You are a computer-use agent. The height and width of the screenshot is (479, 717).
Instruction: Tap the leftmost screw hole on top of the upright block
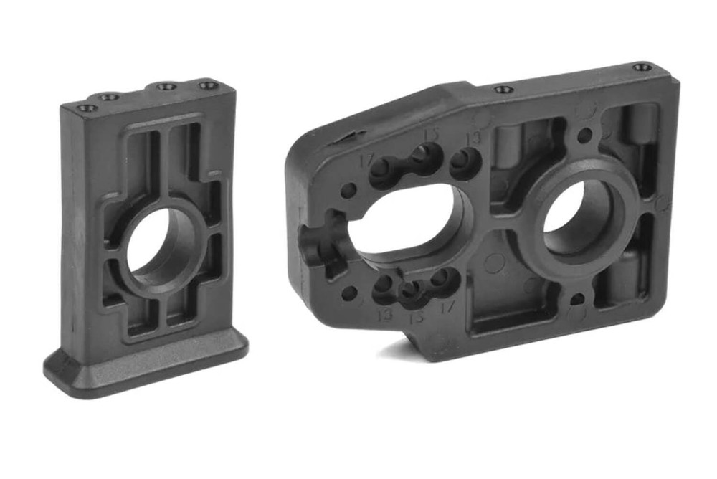(87, 108)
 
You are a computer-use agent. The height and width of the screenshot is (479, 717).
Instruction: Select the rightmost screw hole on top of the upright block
(209, 86)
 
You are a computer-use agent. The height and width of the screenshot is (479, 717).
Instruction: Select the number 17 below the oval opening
(447, 308)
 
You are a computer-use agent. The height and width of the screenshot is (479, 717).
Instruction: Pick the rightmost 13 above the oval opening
(473, 138)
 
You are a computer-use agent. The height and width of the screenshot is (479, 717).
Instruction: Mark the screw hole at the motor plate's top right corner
(642, 67)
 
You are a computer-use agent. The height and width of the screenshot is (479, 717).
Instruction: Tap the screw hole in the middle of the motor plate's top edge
(504, 90)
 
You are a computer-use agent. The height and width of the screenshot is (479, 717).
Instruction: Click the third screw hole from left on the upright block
(166, 87)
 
